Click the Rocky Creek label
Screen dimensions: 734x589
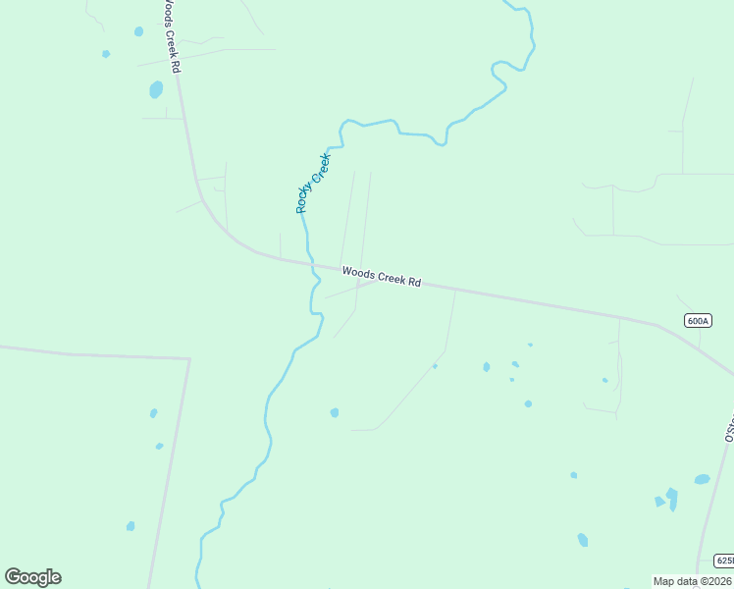tap(313, 183)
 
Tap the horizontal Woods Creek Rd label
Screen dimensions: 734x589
tap(381, 277)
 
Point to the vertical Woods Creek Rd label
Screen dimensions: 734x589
tap(171, 34)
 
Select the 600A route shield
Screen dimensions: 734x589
tap(698, 320)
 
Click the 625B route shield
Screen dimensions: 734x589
tap(724, 561)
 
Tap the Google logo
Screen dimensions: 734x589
tap(32, 577)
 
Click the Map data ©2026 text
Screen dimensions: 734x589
tap(692, 581)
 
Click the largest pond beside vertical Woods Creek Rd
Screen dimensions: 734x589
tap(156, 90)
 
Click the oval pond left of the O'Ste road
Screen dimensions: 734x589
tap(702, 479)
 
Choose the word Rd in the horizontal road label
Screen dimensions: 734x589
tap(414, 283)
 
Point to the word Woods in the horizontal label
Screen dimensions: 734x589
tap(356, 273)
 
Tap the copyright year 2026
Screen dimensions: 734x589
tap(715, 581)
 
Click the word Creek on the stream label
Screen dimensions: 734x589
tap(321, 168)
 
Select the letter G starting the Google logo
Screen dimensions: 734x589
tap(13, 577)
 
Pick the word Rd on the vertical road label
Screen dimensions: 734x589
tap(176, 66)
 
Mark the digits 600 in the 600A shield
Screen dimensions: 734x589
tap(695, 320)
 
